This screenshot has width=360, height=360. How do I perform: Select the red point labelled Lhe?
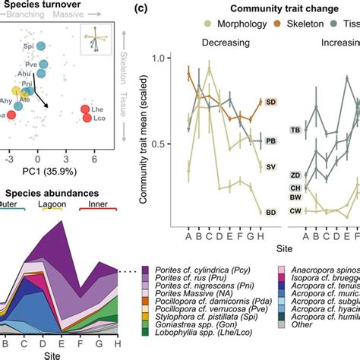tap(86, 112)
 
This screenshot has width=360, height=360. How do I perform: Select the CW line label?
tap(295, 210)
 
